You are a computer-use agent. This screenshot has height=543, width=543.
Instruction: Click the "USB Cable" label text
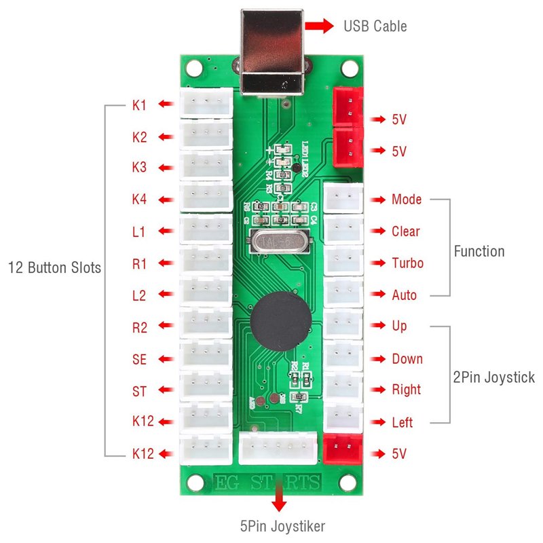[375, 26]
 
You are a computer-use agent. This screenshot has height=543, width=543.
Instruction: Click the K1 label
[139, 105]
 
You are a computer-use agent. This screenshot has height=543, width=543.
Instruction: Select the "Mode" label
[406, 200]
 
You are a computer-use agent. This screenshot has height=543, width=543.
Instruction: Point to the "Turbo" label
[407, 263]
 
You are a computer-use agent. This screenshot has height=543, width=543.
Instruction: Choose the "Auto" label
[405, 295]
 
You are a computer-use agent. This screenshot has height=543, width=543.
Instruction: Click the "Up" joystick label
[400, 326]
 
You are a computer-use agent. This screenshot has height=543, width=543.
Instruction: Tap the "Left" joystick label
[402, 422]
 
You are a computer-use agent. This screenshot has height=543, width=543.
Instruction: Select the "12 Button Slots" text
[54, 267]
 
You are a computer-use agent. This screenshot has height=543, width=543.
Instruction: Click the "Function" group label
[479, 251]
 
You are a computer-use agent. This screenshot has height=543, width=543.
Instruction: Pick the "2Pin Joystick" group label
[494, 377]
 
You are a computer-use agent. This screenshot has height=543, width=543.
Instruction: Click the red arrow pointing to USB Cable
[319, 26]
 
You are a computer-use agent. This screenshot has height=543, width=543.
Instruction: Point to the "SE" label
[139, 360]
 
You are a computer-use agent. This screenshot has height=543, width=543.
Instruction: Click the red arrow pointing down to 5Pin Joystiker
[278, 501]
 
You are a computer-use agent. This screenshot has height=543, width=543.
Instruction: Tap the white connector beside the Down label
[343, 357]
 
